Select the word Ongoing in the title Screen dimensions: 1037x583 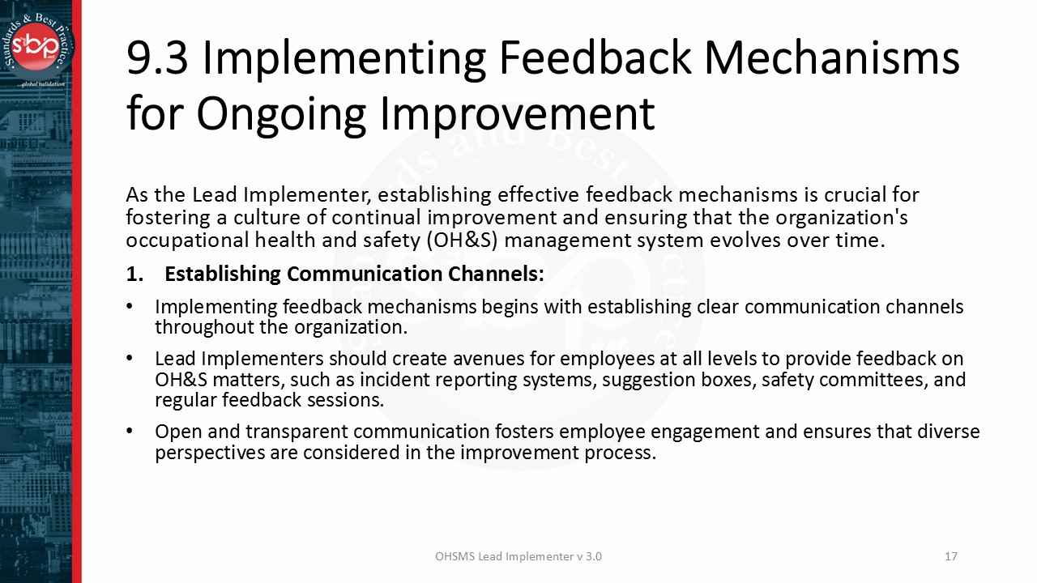tap(281, 114)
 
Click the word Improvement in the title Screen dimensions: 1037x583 tap(517, 114)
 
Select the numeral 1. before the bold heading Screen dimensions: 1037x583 tap(134, 274)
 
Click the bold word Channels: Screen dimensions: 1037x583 tap(496, 274)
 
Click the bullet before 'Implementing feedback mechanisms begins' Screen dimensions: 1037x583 tap(130, 306)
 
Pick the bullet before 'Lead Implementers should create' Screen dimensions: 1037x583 tap(130, 358)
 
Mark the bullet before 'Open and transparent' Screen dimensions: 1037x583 tap(130, 432)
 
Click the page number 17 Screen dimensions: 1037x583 tap(951, 556)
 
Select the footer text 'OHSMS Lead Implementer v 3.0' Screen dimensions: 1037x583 tap(518, 556)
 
